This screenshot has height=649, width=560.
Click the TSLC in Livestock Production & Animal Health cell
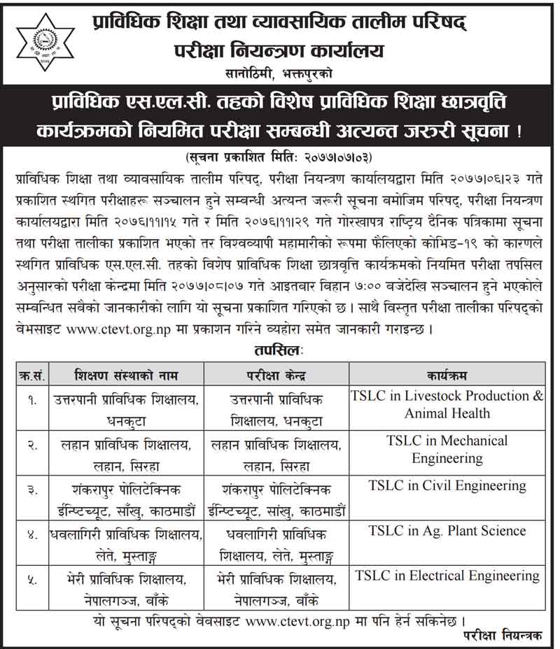(447, 404)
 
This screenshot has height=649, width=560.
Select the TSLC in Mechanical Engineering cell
(447, 450)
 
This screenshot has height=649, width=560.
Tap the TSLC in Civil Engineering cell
(447, 486)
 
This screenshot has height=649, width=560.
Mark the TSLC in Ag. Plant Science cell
(447, 531)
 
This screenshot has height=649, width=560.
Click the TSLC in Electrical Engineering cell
(447, 576)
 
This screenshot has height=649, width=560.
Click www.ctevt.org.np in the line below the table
(288, 620)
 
